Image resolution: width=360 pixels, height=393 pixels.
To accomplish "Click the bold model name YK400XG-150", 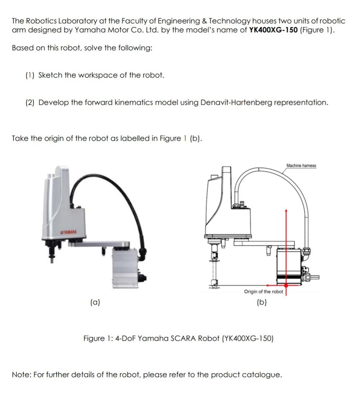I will coord(273,30).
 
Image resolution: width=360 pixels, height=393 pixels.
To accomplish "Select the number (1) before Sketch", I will coord(30,75).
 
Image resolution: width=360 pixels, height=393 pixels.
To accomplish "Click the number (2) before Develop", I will coord(30,103).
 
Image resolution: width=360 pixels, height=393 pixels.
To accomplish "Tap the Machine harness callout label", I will coord(301,165).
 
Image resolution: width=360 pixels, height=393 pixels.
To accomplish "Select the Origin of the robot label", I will coord(263,291).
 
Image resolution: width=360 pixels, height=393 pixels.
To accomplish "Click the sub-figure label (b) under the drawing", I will coord(262,303).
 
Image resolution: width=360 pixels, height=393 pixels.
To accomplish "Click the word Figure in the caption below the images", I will coord(94,338).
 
